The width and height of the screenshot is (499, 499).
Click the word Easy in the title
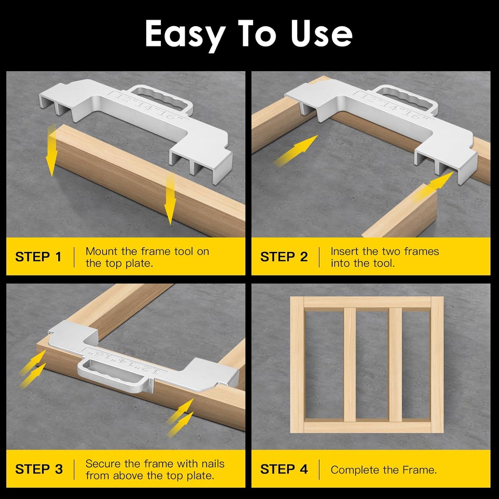click(x=184, y=34)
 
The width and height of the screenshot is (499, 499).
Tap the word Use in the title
click(x=322, y=34)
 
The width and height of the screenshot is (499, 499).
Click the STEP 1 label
click(x=38, y=257)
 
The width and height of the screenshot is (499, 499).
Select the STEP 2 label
click(x=284, y=257)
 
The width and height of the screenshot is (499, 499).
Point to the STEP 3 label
click(x=39, y=469)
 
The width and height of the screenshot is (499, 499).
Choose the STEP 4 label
click(x=284, y=469)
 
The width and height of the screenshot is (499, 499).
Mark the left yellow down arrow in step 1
click(x=52, y=151)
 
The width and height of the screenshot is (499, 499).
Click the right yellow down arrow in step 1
click(x=170, y=200)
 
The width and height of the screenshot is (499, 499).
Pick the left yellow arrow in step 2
click(x=295, y=150)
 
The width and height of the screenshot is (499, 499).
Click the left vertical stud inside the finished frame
click(x=350, y=365)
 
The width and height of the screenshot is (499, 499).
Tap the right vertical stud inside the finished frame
click(x=395, y=365)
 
